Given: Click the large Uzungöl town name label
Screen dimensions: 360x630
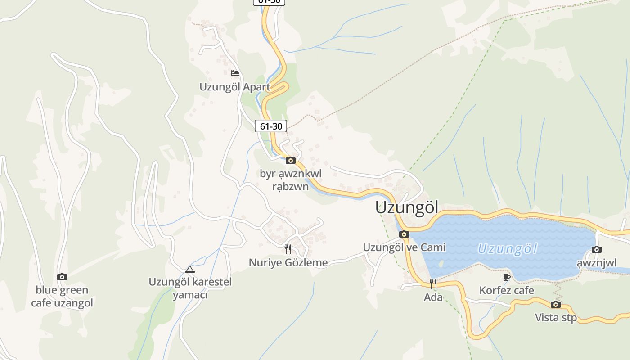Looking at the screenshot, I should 407,207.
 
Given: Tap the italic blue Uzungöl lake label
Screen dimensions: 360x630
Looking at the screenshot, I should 507,249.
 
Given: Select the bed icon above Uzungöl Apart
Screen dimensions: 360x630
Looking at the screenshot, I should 234,73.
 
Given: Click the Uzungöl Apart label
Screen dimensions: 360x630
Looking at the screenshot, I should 235,87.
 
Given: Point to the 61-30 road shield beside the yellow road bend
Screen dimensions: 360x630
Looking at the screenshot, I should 271,126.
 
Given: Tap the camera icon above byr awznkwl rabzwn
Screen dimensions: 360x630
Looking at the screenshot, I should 290,160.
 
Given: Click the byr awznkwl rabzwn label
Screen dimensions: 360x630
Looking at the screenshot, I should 291,180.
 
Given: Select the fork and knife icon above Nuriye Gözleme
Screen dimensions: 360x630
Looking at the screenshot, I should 288,249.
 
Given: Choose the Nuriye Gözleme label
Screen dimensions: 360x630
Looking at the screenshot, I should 288,262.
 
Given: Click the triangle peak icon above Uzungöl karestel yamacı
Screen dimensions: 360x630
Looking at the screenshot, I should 190,269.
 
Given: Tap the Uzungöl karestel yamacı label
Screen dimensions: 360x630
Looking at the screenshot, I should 190,288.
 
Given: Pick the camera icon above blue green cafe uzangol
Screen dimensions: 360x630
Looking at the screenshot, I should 62,277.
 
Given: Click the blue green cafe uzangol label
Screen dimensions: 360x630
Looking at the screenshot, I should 62,296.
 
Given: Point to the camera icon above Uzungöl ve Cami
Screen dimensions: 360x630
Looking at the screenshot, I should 404,234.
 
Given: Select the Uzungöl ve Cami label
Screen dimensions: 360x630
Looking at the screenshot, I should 404,247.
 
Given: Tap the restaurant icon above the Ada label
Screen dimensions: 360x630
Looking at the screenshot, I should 433,283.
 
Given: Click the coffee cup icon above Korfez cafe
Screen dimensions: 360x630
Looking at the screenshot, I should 507,277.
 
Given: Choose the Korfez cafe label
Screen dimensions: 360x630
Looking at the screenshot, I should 507,290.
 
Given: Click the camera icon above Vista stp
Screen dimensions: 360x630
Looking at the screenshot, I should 556,304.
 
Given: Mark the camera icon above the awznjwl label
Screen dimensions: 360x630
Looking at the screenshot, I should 597,249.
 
